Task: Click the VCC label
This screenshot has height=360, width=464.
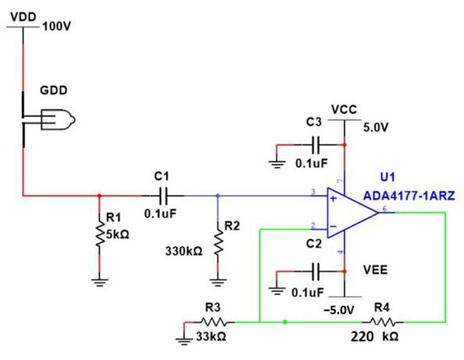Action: click(344, 110)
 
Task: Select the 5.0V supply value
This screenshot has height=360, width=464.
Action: click(375, 129)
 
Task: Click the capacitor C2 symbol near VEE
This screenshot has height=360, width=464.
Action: click(316, 271)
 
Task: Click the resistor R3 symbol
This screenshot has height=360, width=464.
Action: click(215, 321)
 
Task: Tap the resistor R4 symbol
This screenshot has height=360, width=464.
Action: click(383, 321)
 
